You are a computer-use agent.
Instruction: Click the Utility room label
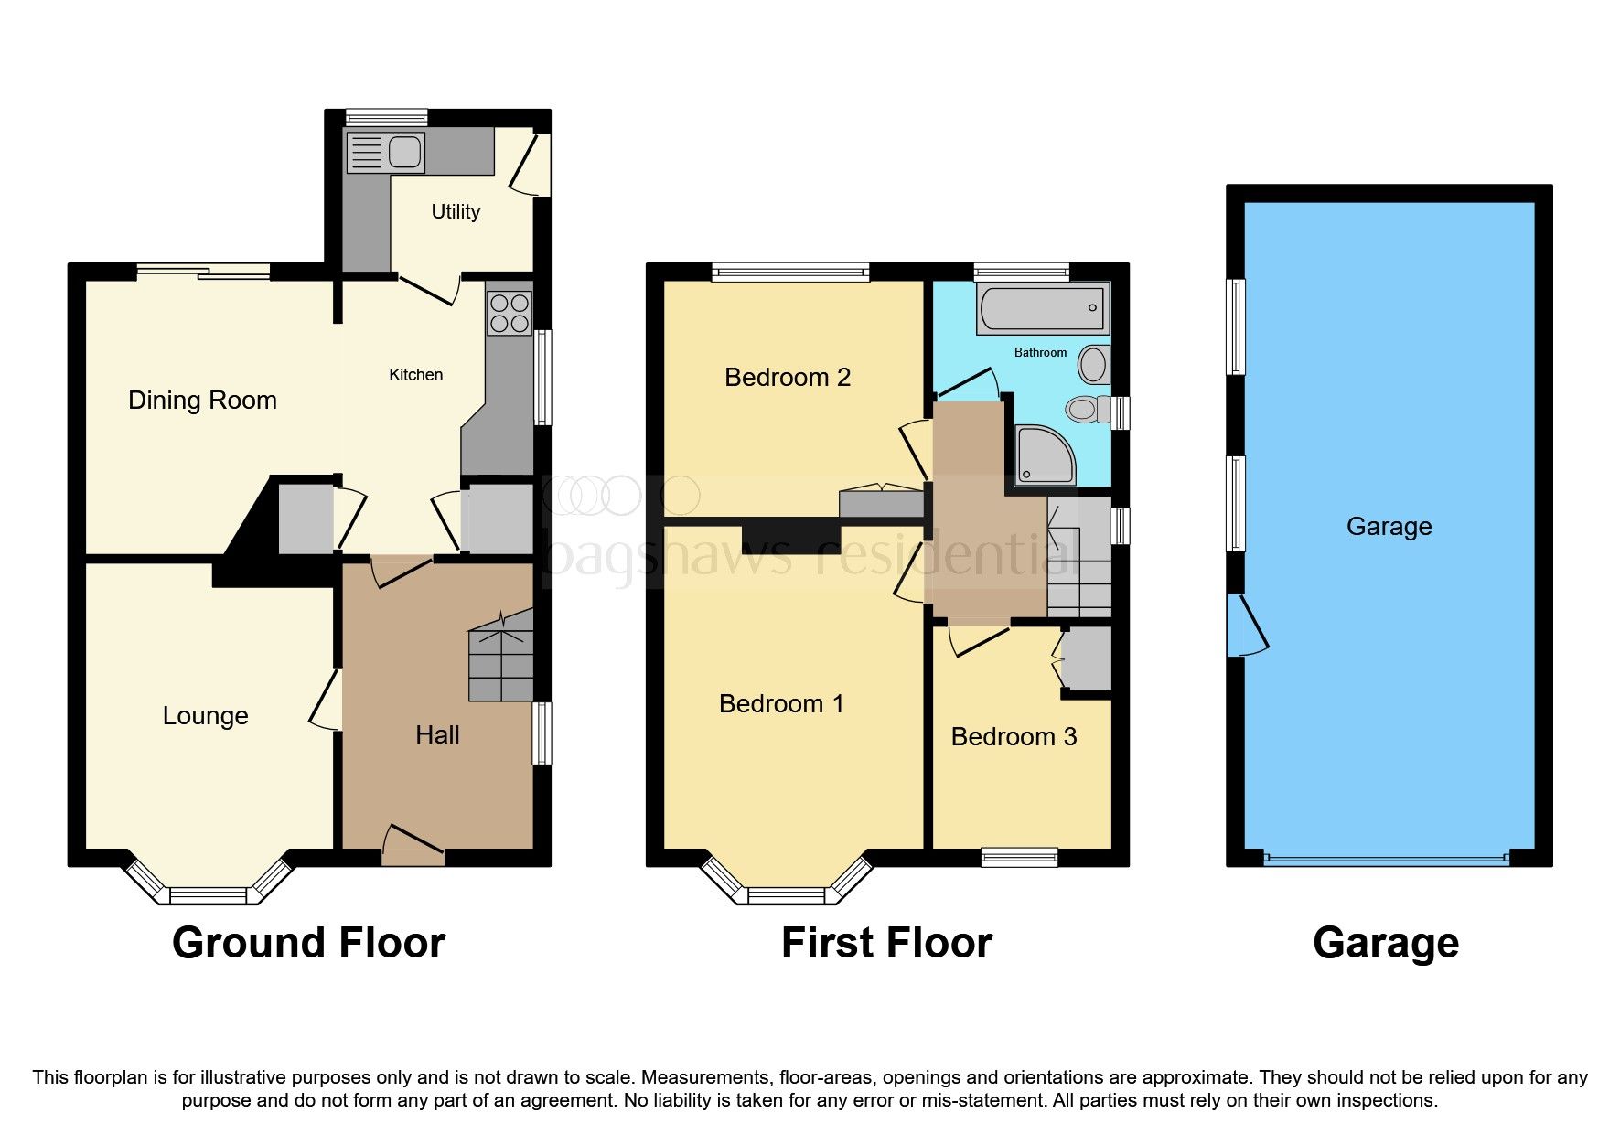(456, 211)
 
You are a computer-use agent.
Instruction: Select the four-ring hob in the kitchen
(510, 313)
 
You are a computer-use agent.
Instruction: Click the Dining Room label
(202, 401)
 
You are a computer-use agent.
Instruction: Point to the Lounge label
(205, 716)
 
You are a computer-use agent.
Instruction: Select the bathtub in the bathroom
(1043, 308)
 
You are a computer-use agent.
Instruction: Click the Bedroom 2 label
(788, 378)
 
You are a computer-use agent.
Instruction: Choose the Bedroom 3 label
(1014, 737)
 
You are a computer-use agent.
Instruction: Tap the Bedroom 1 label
(781, 704)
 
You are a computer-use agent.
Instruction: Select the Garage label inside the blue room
(1389, 527)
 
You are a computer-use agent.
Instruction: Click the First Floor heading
(886, 943)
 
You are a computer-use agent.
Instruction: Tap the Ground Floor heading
(308, 943)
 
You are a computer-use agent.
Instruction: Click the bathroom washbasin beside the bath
(1092, 365)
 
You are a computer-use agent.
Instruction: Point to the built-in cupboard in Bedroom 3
(1088, 658)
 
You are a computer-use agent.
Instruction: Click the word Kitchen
(415, 375)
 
